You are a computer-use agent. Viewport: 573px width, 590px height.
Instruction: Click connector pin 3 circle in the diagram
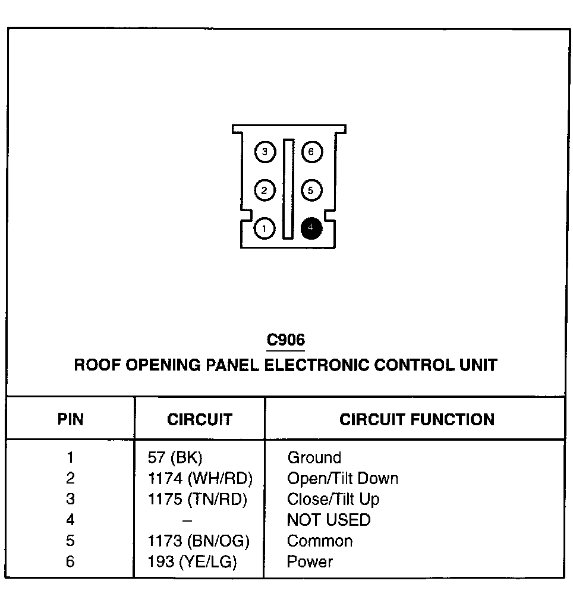tap(265, 152)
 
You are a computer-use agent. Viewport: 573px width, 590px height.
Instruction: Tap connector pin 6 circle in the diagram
tap(311, 152)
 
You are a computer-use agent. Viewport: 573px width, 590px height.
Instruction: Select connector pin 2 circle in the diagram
tap(265, 190)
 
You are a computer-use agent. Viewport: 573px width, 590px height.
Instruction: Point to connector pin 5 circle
tap(311, 190)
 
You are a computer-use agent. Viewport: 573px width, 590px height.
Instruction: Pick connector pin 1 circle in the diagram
tap(265, 228)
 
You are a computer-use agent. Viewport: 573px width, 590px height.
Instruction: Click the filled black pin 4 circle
tap(311, 228)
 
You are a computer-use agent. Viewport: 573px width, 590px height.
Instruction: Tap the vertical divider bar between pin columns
tap(288, 190)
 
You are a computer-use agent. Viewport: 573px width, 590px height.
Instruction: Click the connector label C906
tap(286, 340)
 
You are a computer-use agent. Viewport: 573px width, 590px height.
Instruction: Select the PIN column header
tap(71, 419)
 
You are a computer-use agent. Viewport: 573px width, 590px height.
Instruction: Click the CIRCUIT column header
tap(200, 419)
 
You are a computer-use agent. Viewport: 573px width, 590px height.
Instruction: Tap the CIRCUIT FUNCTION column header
tap(417, 419)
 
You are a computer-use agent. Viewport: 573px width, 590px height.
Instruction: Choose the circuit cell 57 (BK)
tap(175, 458)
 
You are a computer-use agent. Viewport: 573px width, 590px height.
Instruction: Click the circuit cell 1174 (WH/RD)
tap(200, 479)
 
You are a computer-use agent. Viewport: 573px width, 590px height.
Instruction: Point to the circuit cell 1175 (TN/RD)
tap(197, 500)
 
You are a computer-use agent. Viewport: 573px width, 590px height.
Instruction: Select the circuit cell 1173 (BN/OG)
tap(199, 541)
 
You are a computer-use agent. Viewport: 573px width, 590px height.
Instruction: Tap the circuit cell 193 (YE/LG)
tap(192, 562)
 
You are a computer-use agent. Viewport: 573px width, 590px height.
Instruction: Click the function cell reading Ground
tap(314, 458)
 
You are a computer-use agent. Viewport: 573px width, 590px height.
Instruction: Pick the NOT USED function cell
tap(329, 520)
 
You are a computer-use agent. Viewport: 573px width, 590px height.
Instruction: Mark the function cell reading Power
tap(310, 562)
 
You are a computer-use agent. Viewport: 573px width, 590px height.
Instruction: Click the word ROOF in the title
tap(96, 365)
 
